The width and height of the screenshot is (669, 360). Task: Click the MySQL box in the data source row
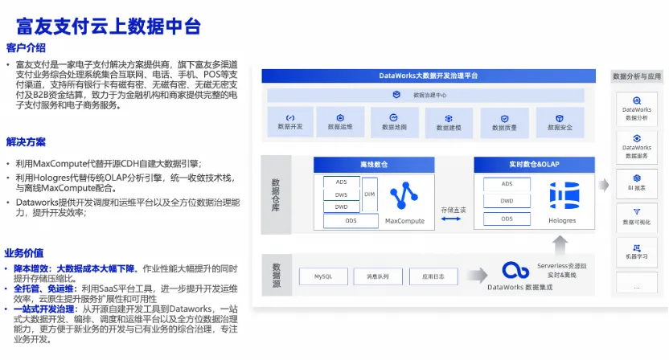pyautogui.click(x=323, y=276)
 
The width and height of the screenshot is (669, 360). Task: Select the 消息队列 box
pyautogui.click(x=377, y=276)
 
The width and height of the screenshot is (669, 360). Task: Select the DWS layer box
pyautogui.click(x=341, y=194)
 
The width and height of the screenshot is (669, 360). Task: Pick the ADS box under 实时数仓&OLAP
pyautogui.click(x=507, y=184)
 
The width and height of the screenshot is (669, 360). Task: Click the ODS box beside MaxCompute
pyautogui.click(x=351, y=219)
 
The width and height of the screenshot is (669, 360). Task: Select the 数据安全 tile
pyautogui.click(x=560, y=121)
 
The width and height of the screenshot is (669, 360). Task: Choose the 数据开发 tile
pyautogui.click(x=289, y=121)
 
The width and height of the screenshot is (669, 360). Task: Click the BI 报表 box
pyautogui.click(x=637, y=182)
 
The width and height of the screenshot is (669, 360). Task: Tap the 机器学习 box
pyautogui.click(x=637, y=251)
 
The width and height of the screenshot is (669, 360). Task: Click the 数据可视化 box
pyautogui.click(x=637, y=216)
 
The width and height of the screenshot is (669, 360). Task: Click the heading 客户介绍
pyautogui.click(x=26, y=47)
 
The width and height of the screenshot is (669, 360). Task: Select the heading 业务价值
pyautogui.click(x=26, y=252)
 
